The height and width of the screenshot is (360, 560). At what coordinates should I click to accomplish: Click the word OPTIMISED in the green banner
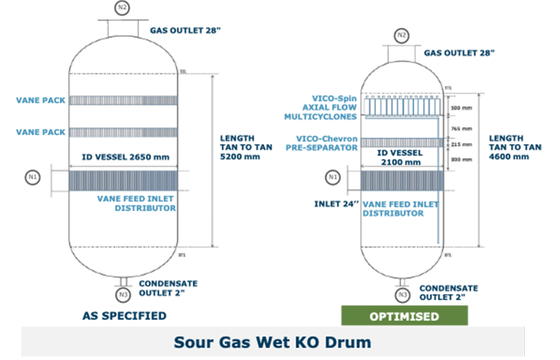click(x=404, y=316)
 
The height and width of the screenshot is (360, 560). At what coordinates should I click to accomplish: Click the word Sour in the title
click(x=193, y=342)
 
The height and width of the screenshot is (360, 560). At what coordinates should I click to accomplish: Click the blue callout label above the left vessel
click(x=184, y=30)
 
